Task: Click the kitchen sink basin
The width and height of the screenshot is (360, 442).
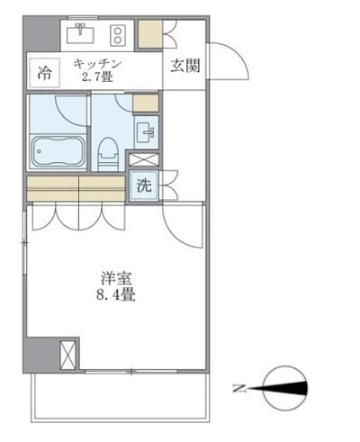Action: click(x=84, y=34)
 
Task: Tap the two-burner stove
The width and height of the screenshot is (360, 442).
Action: click(x=117, y=34)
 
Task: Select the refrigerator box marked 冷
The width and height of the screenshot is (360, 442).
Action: click(x=44, y=70)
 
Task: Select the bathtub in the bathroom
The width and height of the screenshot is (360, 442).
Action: click(x=58, y=150)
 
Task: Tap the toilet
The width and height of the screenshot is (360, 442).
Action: click(x=108, y=152)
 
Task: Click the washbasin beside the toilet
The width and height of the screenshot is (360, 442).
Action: click(x=148, y=132)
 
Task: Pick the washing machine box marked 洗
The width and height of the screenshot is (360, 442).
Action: click(x=143, y=186)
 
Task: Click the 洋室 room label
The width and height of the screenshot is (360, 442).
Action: click(x=112, y=277)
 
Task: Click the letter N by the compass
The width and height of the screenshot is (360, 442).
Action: click(x=238, y=389)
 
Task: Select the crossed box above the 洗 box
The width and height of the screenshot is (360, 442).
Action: click(x=142, y=160)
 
